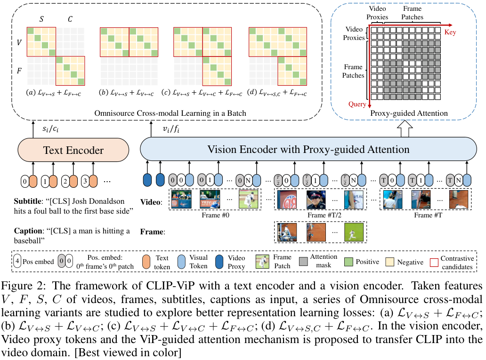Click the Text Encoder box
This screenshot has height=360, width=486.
(73, 151)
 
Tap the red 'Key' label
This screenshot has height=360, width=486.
(451, 33)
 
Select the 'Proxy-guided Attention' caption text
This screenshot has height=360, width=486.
(409, 113)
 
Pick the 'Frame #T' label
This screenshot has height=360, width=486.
(427, 216)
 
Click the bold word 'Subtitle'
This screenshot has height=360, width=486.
(27, 199)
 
